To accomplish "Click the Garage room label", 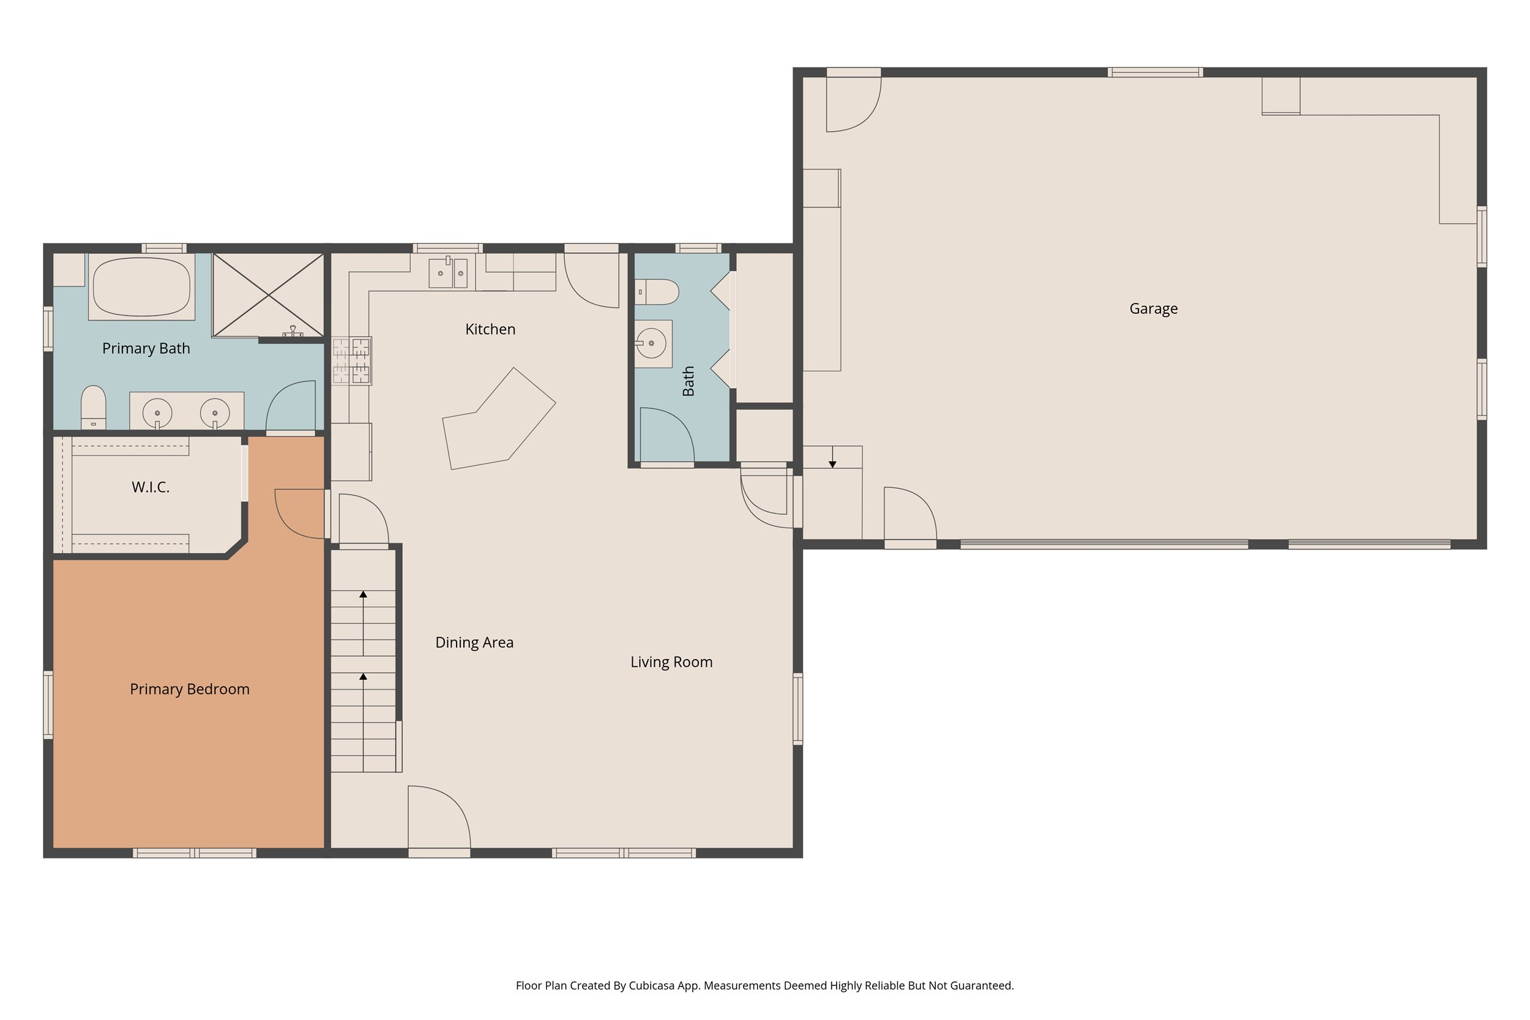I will click(1153, 308).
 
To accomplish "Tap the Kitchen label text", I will click(490, 329).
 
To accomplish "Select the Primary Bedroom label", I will click(189, 689).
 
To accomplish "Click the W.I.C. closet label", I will click(151, 486).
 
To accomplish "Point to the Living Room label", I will click(671, 661).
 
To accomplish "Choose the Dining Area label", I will click(474, 642).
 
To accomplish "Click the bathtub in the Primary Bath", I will click(142, 287).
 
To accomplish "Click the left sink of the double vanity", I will click(157, 412).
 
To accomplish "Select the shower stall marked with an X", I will click(268, 296).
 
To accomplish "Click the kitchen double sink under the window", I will click(447, 274).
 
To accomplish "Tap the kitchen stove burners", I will click(351, 360).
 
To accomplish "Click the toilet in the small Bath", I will click(657, 292).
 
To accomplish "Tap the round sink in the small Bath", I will click(651, 343).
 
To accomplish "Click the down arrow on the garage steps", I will click(832, 463).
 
